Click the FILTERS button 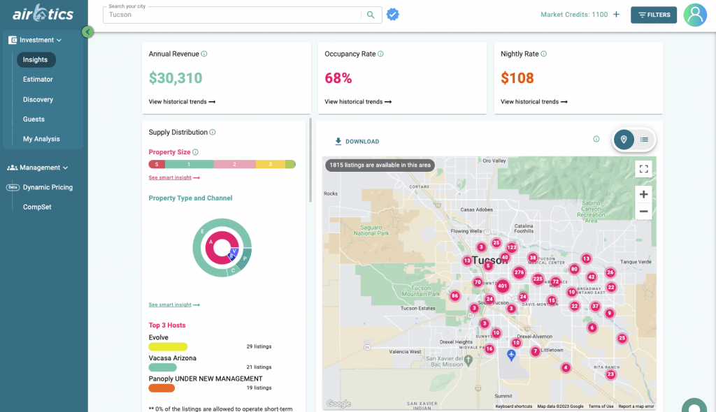point(653,15)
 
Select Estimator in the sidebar point(38,80)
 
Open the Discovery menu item point(38,99)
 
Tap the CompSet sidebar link point(36,207)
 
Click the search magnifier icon point(371,15)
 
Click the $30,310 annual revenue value point(176,78)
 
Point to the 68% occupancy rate point(338,78)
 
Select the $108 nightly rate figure point(517,78)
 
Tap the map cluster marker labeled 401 point(502,286)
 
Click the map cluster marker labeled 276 point(519,272)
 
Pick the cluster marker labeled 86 point(454,296)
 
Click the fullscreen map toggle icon point(643,168)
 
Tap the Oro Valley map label point(494,161)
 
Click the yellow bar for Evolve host point(168,346)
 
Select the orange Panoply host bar point(162,388)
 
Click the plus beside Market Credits point(616,15)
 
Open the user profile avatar point(695,15)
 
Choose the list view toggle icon point(644,140)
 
